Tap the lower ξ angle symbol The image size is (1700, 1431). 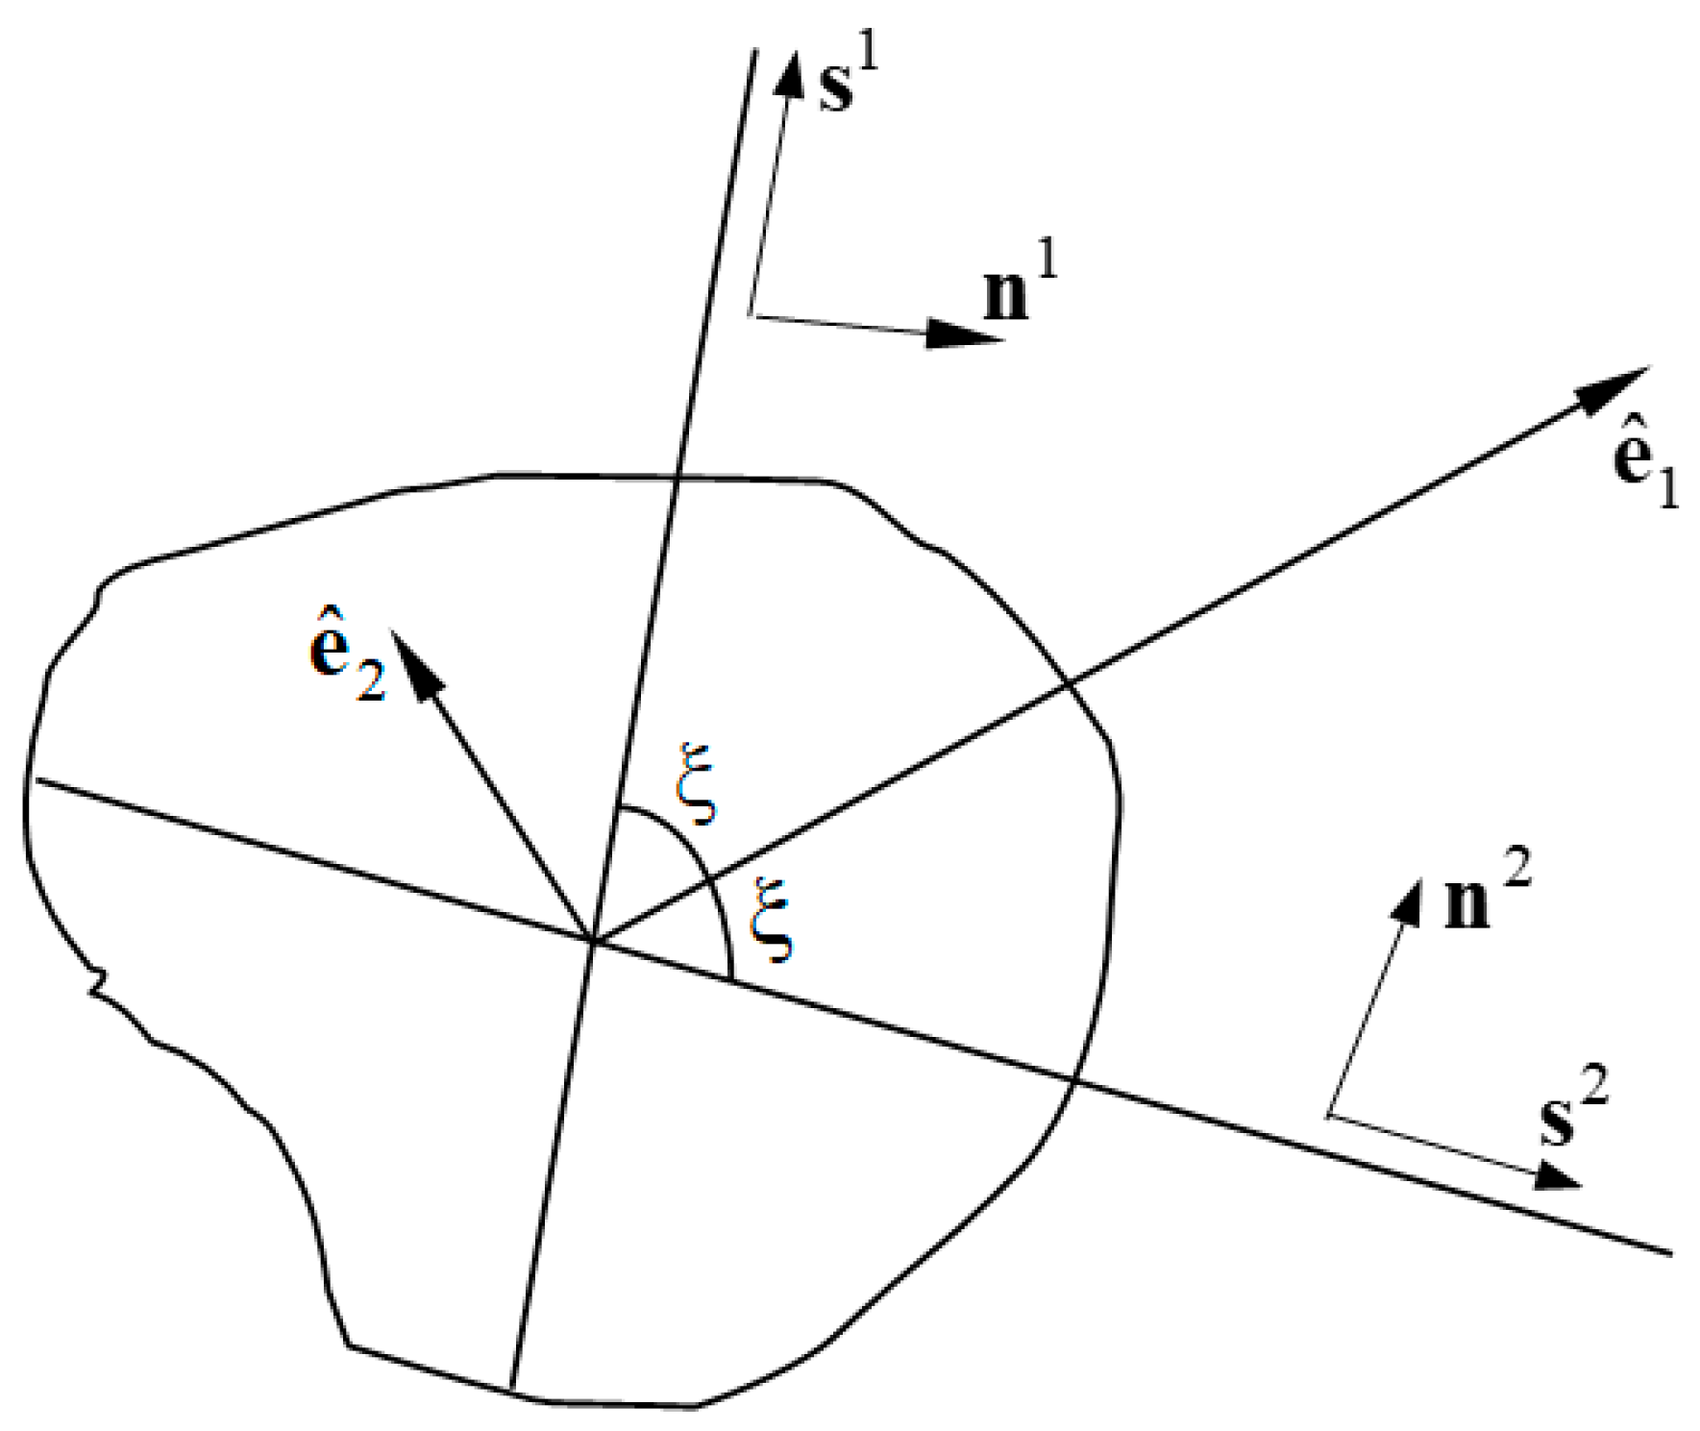point(773,918)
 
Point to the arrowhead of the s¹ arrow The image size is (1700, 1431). point(792,71)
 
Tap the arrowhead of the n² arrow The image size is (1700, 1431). point(1410,900)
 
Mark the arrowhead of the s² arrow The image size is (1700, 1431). point(1557,1174)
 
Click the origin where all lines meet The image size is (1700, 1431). point(594,941)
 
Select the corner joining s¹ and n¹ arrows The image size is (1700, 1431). point(751,313)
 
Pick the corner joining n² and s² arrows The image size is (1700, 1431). point(1329,1116)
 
